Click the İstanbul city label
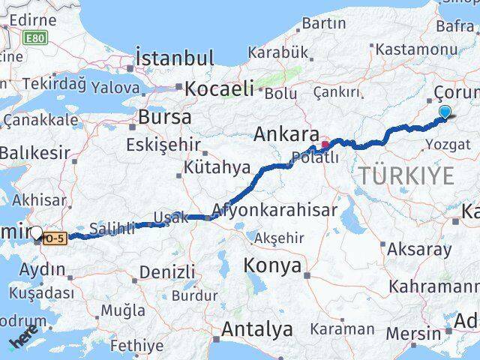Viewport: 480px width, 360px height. pos(175,58)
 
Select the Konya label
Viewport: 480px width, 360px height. pos(273,265)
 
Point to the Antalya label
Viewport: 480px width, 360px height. pos(256,329)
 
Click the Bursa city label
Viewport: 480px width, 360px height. pos(164,117)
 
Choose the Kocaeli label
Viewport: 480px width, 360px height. pos(220,88)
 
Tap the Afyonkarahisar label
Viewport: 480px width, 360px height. pos(274,209)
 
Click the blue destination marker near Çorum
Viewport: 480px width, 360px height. pos(445,112)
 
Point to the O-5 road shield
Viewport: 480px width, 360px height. pos(55,238)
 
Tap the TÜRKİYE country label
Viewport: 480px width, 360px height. pos(406,176)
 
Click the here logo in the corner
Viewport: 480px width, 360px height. pos(24,340)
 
